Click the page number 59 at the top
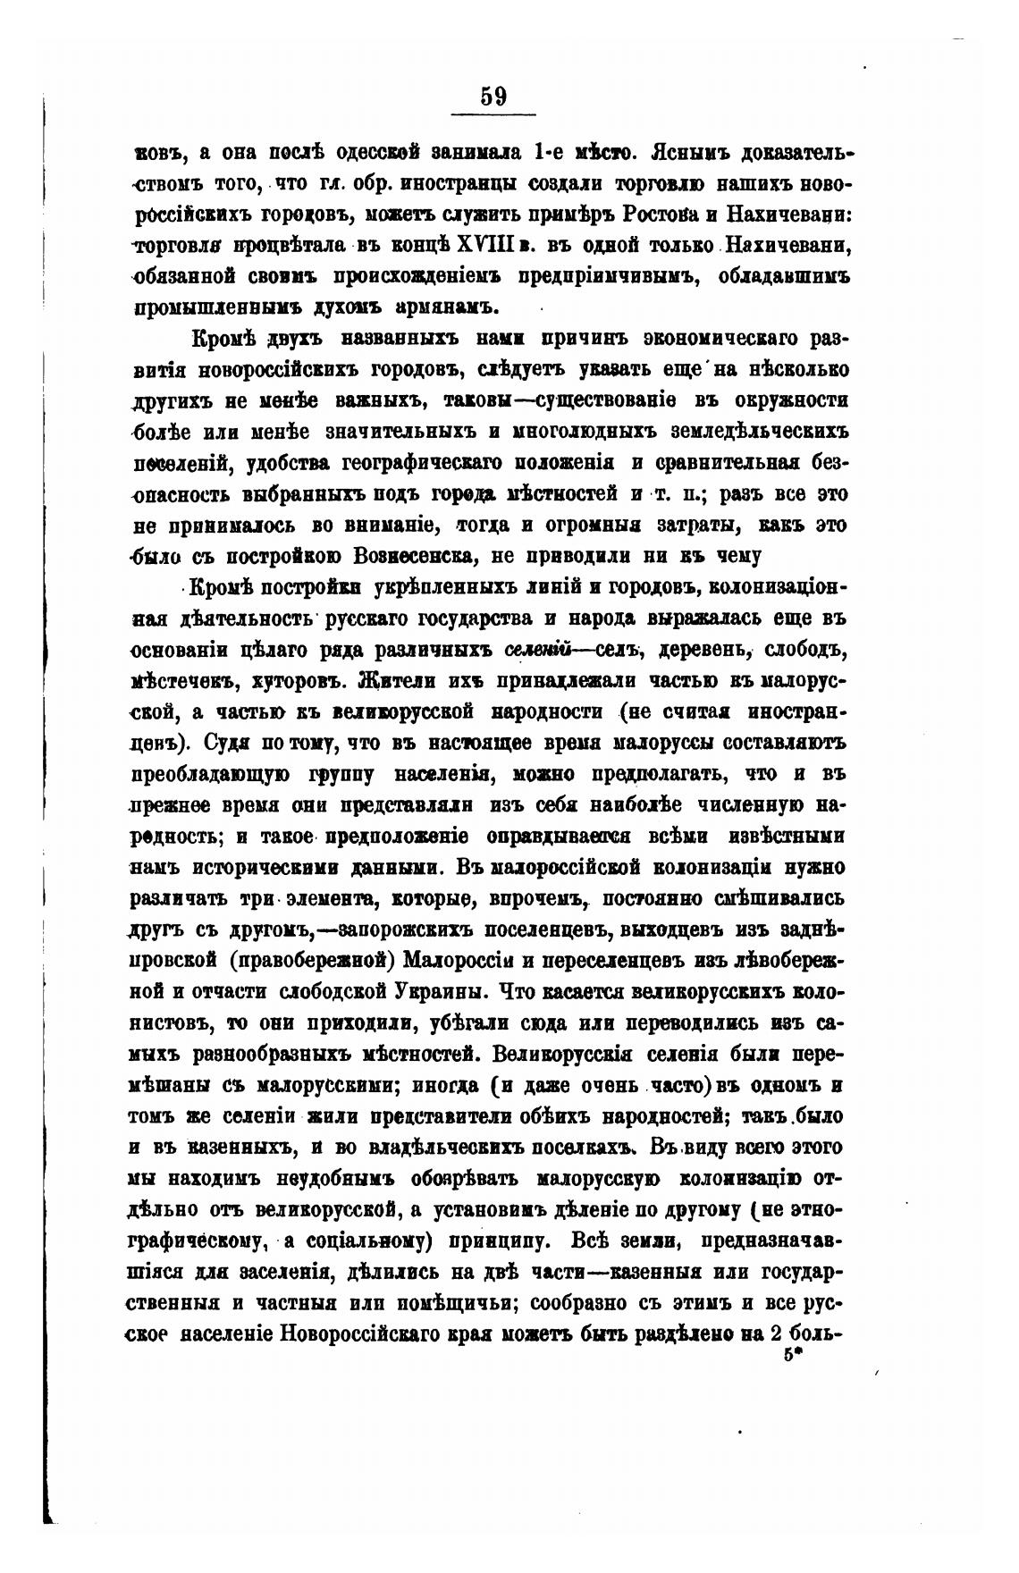(493, 96)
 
